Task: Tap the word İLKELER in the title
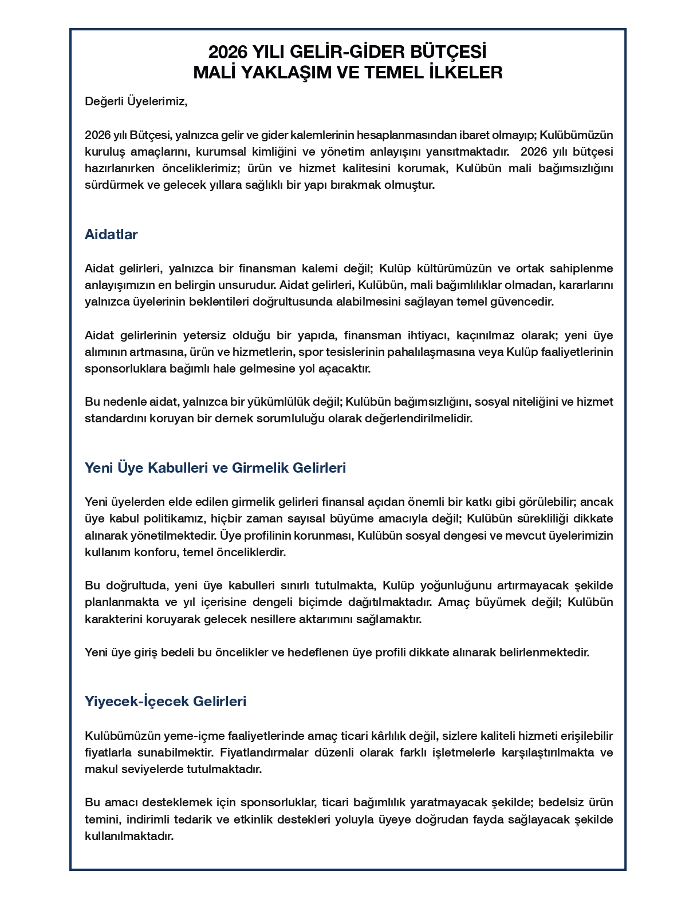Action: tap(466, 73)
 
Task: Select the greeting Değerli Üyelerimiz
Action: tap(136, 102)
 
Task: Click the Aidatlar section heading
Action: tap(111, 235)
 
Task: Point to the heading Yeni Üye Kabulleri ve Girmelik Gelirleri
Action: tap(215, 468)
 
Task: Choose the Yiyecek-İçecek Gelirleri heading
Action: tap(166, 702)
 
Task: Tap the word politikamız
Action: tap(172, 519)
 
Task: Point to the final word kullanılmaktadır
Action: tap(129, 836)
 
